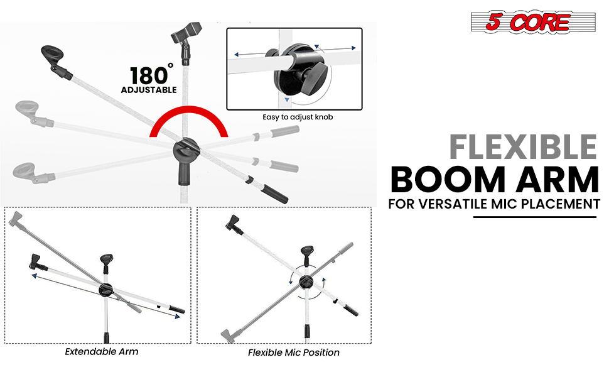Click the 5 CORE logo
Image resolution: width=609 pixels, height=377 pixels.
pos(533,22)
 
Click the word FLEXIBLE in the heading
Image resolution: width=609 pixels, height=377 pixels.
pos(523,147)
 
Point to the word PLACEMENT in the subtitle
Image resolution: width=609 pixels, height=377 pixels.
pos(561,204)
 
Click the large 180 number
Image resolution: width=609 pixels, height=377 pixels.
pos(149,76)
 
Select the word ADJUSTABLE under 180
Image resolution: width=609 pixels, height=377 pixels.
pos(149,90)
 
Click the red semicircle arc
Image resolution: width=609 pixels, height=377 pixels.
pos(189,112)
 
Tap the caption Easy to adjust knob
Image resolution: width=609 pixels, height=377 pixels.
pos(298,117)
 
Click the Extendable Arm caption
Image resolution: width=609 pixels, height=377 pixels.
pos(101,352)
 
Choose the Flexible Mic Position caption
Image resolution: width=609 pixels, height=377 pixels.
pos(294,352)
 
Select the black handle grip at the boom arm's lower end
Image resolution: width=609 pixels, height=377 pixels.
pos(274,194)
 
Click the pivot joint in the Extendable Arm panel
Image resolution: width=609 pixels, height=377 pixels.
pos(105,290)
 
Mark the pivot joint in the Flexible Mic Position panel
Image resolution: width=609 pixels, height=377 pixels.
pos(306,281)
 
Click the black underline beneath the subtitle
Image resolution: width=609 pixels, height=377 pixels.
pos(534,217)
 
